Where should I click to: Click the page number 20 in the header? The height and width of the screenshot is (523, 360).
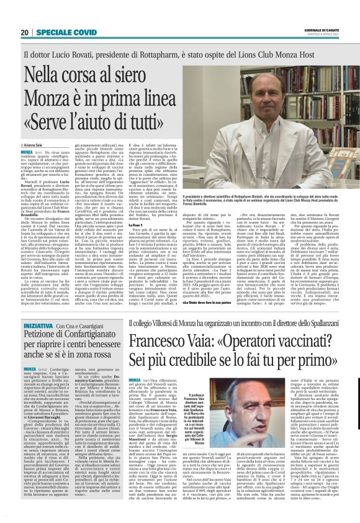point(24,32)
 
